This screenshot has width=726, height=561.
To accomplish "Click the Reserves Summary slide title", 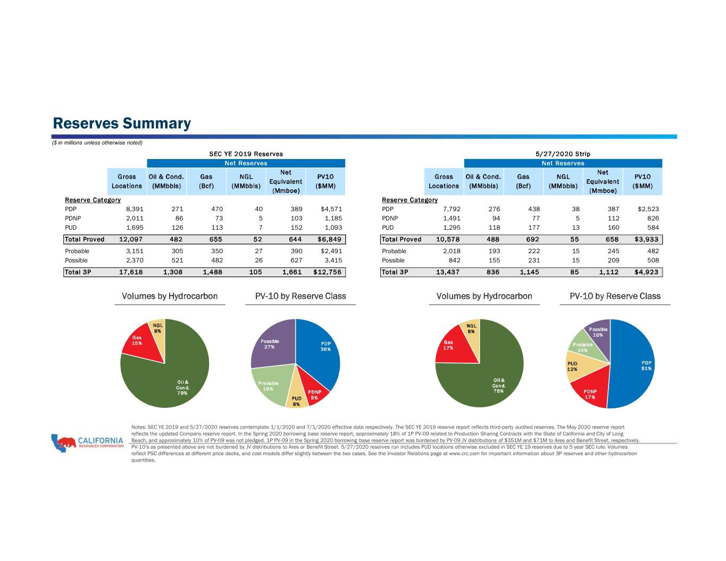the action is click(122, 123).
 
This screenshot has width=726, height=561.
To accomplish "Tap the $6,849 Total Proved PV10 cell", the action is click(329, 239).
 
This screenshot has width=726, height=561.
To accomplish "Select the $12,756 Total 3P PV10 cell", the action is click(327, 272).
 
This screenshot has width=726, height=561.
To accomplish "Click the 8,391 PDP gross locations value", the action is click(135, 209).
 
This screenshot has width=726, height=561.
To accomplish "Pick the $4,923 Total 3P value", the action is click(646, 272).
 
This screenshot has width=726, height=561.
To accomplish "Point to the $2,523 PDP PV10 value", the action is click(648, 209).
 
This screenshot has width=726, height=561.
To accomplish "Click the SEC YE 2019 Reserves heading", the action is click(246, 154).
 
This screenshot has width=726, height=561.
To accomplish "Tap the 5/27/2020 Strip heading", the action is click(563, 154).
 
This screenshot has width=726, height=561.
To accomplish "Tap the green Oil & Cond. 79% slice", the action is click(174, 378).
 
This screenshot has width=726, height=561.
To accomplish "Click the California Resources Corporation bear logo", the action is click(63, 443).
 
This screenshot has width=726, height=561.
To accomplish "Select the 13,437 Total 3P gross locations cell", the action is click(447, 272).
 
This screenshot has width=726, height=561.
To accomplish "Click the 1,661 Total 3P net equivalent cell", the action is click(292, 272).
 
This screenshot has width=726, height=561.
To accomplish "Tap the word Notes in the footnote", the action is click(138, 427).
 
